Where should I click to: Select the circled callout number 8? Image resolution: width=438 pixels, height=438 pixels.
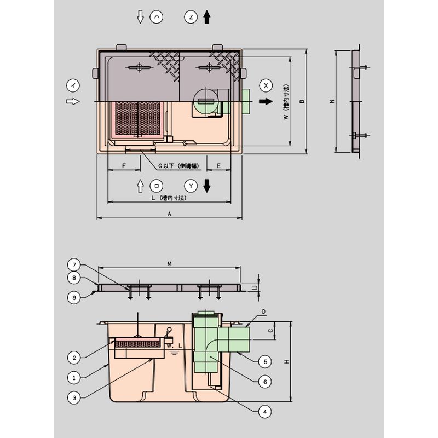click(74, 278)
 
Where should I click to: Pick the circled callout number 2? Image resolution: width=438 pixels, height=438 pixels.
click(74, 358)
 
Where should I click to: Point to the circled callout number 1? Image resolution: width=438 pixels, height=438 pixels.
click(74, 377)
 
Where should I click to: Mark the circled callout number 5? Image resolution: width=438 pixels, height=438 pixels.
click(264, 361)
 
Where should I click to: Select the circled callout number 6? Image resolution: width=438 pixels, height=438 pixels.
click(264, 382)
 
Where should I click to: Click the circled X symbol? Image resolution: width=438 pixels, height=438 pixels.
click(266, 85)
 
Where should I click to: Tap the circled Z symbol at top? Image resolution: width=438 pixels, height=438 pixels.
click(191, 18)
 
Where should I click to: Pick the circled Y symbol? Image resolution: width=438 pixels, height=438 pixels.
click(191, 186)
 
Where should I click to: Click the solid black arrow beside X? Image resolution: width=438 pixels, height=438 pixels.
click(266, 102)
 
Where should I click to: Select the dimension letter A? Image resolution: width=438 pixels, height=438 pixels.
click(170, 214)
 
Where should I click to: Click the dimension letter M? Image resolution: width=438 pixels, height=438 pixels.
click(170, 264)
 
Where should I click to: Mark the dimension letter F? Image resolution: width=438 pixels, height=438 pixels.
click(124, 165)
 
